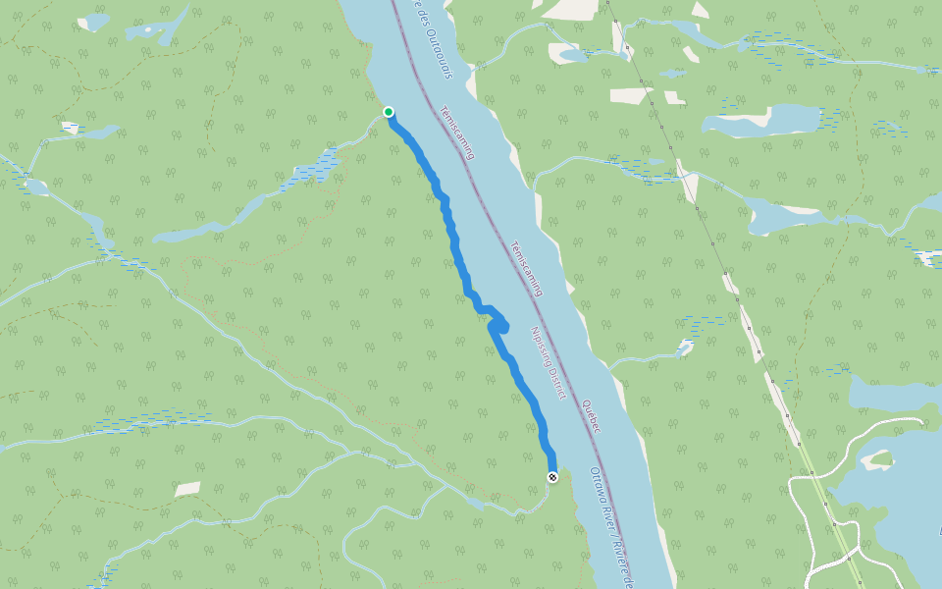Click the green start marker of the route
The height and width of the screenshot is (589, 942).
click(x=389, y=112)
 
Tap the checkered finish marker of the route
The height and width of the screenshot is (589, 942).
click(x=552, y=477)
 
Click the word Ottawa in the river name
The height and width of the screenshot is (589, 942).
click(x=599, y=483)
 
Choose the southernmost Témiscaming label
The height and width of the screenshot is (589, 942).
click(x=528, y=268)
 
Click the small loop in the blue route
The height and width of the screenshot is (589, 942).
click(x=500, y=325)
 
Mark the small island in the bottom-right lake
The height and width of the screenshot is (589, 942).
click(x=877, y=458)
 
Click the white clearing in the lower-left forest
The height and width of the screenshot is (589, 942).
click(x=187, y=489)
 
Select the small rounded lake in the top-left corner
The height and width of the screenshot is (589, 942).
click(x=94, y=22)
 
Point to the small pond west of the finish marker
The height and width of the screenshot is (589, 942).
click(x=475, y=504)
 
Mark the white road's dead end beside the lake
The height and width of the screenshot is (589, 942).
click(x=923, y=419)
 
